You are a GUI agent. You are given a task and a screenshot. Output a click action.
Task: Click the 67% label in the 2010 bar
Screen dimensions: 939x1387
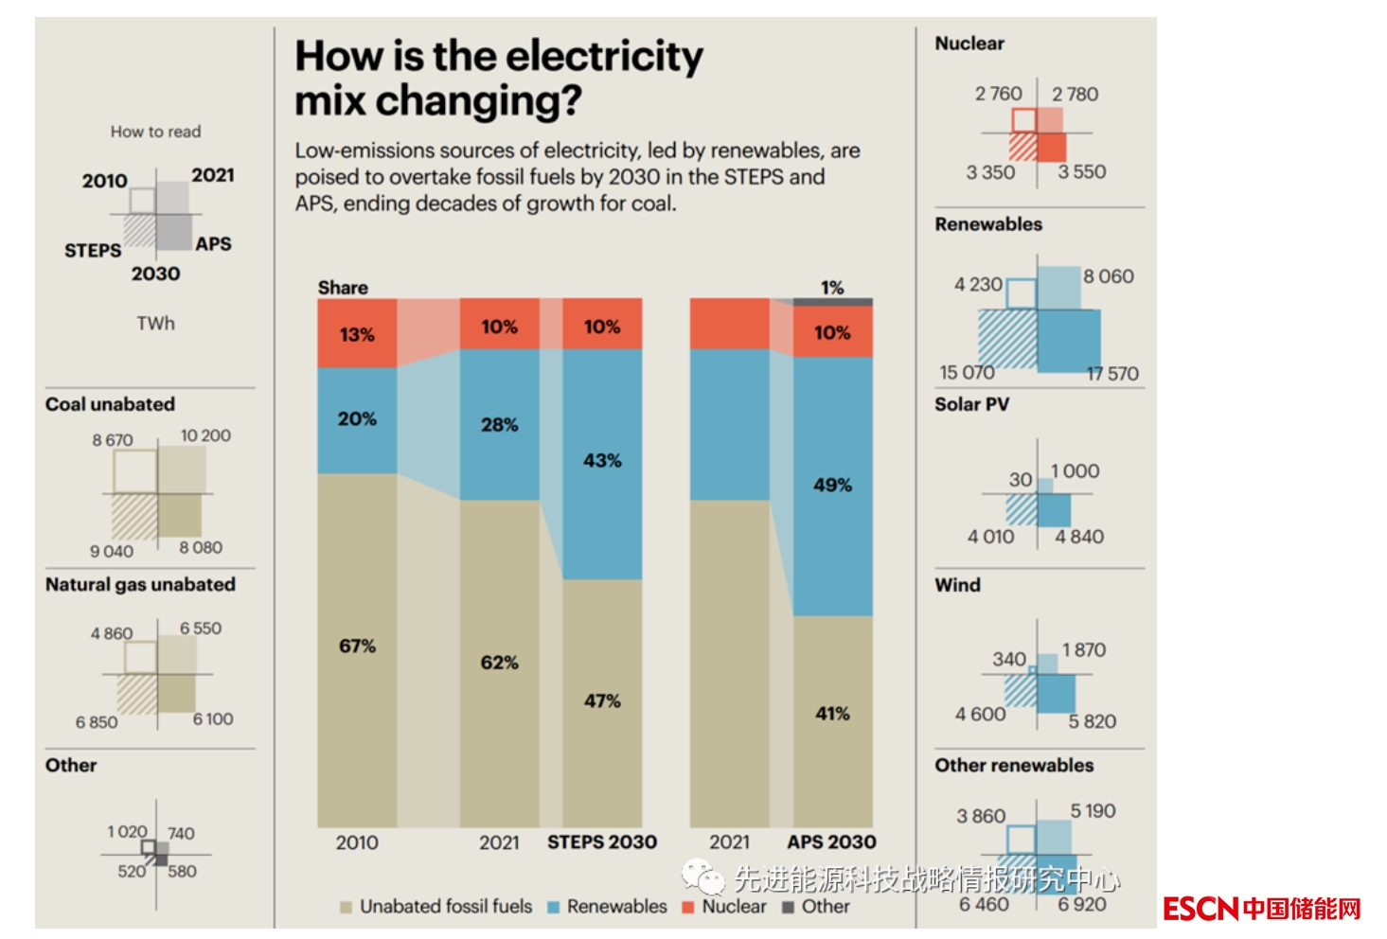357,647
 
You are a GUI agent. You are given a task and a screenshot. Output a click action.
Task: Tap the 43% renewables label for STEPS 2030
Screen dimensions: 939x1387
602,461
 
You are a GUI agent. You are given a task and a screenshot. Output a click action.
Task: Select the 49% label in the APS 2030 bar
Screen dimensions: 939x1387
832,486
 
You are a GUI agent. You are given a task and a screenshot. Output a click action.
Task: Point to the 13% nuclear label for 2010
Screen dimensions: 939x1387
357,335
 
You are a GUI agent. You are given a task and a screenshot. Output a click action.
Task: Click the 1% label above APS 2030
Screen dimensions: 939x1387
832,288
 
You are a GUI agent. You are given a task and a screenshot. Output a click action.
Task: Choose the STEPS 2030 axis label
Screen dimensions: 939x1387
602,842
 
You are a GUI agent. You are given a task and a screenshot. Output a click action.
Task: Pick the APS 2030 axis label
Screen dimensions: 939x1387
831,842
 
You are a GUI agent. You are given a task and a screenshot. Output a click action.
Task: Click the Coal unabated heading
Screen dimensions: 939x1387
110,404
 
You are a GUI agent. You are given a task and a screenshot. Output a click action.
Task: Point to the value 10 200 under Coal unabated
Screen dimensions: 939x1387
205,435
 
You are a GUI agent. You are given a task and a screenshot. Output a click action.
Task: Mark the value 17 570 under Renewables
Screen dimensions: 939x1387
1112,374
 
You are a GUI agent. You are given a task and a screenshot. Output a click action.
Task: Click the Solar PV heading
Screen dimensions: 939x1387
971,404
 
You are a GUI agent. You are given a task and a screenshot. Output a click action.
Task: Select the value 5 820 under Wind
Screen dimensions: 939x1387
1093,722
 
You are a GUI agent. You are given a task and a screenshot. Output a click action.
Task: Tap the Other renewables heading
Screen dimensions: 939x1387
1014,766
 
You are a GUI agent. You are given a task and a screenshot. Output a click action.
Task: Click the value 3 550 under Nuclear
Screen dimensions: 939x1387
1082,172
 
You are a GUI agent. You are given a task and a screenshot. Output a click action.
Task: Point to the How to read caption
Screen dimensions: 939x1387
155,132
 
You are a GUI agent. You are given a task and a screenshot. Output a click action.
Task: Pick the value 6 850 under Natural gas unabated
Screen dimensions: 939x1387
97,722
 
